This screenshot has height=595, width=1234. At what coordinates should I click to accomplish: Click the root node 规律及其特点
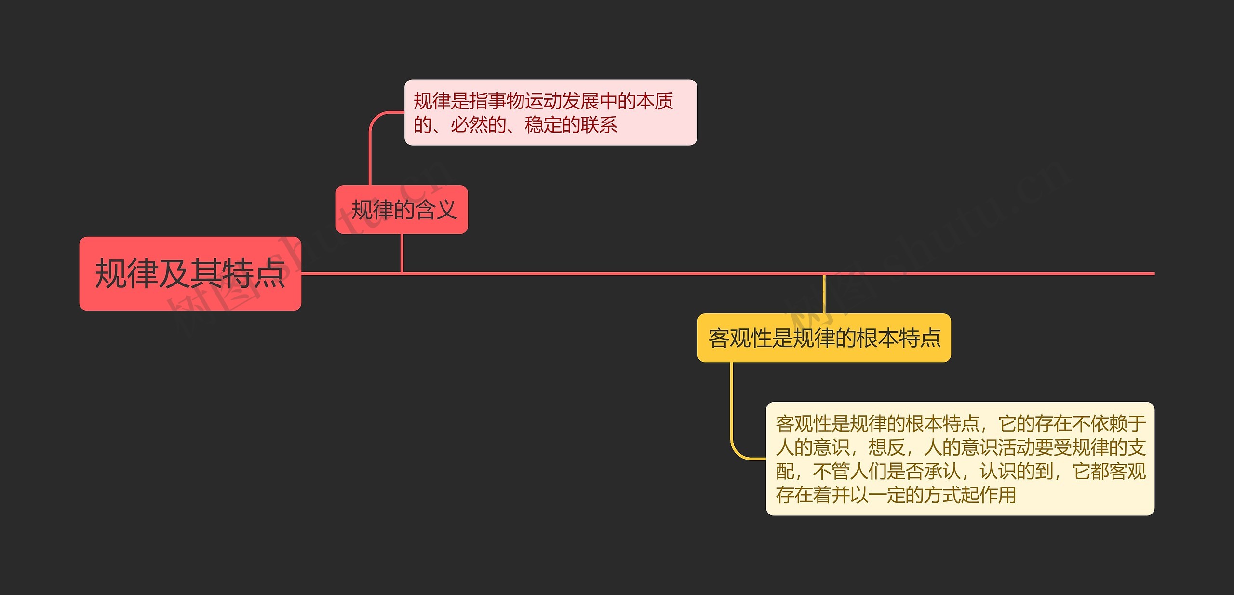[190, 273]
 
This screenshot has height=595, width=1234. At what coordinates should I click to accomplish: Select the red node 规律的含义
[402, 210]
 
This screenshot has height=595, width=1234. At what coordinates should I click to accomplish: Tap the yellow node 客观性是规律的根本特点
[824, 338]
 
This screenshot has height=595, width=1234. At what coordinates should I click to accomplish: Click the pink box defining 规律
[550, 112]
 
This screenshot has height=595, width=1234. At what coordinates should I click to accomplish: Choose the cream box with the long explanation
[960, 459]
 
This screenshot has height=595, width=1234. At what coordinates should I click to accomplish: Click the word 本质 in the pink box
[655, 101]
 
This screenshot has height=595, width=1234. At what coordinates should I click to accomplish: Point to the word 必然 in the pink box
[469, 125]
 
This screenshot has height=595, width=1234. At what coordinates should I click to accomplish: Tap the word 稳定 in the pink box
[543, 125]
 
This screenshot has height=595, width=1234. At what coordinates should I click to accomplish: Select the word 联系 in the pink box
[599, 125]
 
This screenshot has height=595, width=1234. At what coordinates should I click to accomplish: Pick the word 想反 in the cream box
[886, 447]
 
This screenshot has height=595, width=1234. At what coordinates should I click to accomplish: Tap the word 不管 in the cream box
[831, 471]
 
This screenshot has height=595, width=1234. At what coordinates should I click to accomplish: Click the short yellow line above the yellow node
[824, 294]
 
